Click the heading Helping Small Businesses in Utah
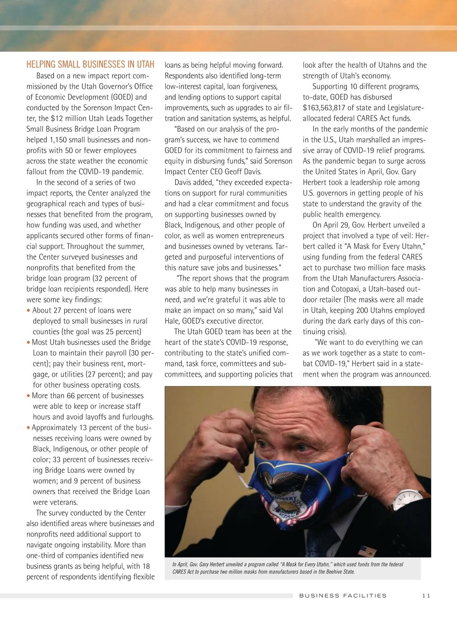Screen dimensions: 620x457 [x=90, y=64]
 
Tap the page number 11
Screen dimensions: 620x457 [x=426, y=596]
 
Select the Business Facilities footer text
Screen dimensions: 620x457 [x=343, y=596]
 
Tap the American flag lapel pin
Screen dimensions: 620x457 [x=367, y=551]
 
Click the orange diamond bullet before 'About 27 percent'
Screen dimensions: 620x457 [x=29, y=310]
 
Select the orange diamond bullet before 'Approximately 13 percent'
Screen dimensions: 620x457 [x=29, y=428]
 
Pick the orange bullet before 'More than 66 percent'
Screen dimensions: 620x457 [x=29, y=396]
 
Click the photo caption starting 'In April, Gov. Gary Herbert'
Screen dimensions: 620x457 [x=288, y=568]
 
